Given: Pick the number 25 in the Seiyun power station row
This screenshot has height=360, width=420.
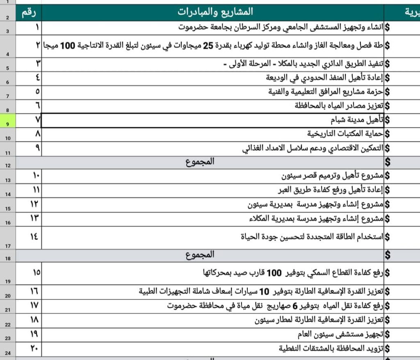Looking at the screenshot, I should click(209, 46).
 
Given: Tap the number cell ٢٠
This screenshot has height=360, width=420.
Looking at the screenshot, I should click(35, 348).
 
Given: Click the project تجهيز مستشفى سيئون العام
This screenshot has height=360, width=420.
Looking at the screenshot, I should click(340, 333).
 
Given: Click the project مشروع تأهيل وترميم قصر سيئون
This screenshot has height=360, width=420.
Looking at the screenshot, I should click(332, 176).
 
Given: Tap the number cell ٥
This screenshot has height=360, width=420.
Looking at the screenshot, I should click(37, 91).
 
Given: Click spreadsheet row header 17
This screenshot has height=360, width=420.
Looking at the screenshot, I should click(8, 246).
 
